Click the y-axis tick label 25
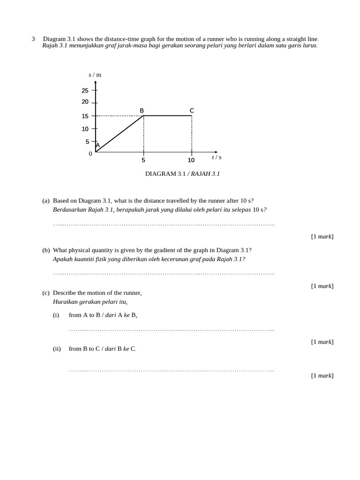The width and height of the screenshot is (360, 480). (x=85, y=90)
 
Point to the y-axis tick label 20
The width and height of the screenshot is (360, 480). (x=85, y=102)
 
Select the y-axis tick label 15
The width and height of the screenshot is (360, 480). (x=85, y=116)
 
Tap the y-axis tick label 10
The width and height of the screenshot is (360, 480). (x=85, y=129)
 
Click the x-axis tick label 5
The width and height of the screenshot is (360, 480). (x=143, y=160)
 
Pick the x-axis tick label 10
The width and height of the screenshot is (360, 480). (x=191, y=160)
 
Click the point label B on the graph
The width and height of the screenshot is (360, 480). (x=142, y=111)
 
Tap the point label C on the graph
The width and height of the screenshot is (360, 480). (x=192, y=111)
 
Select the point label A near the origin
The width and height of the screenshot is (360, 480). (x=98, y=145)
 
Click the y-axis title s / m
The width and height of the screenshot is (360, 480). (x=95, y=75)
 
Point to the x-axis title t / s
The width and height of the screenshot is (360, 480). (x=217, y=157)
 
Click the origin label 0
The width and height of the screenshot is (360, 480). (x=90, y=154)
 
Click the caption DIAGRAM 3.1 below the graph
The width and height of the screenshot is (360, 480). (x=165, y=174)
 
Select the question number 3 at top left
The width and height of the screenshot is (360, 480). (x=33, y=39)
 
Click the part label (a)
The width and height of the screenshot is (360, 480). (x=46, y=201)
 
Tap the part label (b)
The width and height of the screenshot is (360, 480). (x=46, y=250)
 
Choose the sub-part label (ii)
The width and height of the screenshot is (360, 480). (x=57, y=349)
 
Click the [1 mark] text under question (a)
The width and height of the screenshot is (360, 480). (x=322, y=236)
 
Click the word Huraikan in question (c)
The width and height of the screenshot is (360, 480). (x=65, y=302)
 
